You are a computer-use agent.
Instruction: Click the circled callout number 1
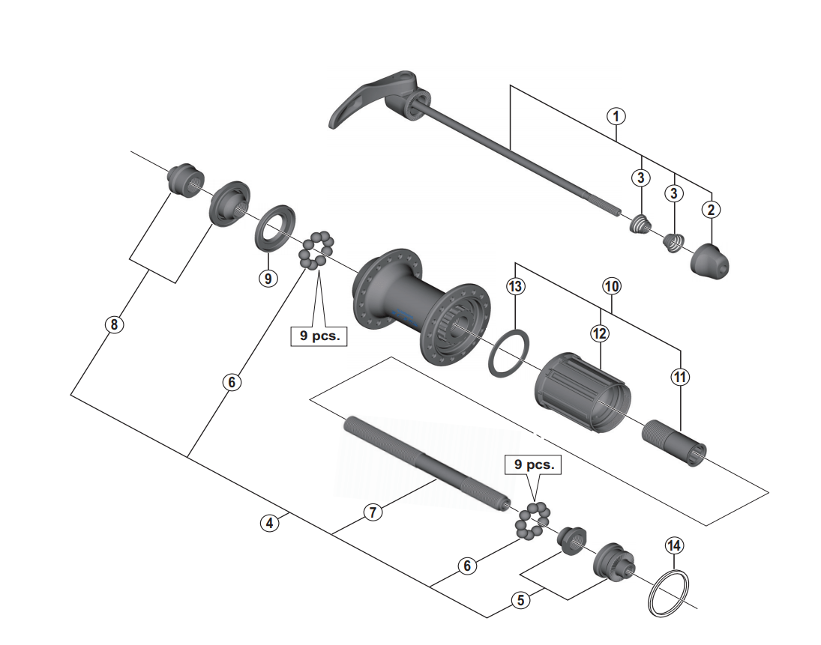(616, 116)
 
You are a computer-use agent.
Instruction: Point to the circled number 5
(519, 599)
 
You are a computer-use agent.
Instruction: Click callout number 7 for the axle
(374, 512)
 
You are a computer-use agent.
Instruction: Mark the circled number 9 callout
(268, 277)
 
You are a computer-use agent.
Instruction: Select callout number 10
(613, 285)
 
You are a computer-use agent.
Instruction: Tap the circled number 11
(679, 378)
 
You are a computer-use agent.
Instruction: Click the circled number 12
(599, 334)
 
